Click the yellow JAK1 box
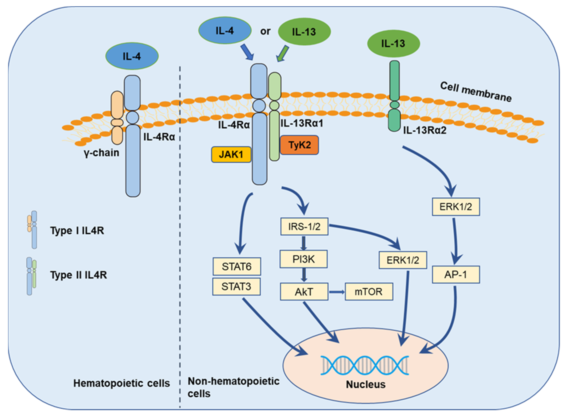pos(231,154)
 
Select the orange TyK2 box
pos(299,145)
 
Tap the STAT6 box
pos(236,266)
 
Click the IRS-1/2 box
pos(304,226)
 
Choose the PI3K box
pos(303,259)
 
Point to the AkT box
pos(304,292)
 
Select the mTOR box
pos(369,291)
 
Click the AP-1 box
pos(456,274)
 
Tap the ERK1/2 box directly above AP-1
pos(456,207)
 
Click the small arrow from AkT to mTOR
pos(337,292)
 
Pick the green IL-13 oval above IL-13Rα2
pos(393,44)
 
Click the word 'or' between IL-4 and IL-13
pos(265,31)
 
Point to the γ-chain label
pos(102,153)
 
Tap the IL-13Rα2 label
pos(424,130)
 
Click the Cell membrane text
pos(476,92)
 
